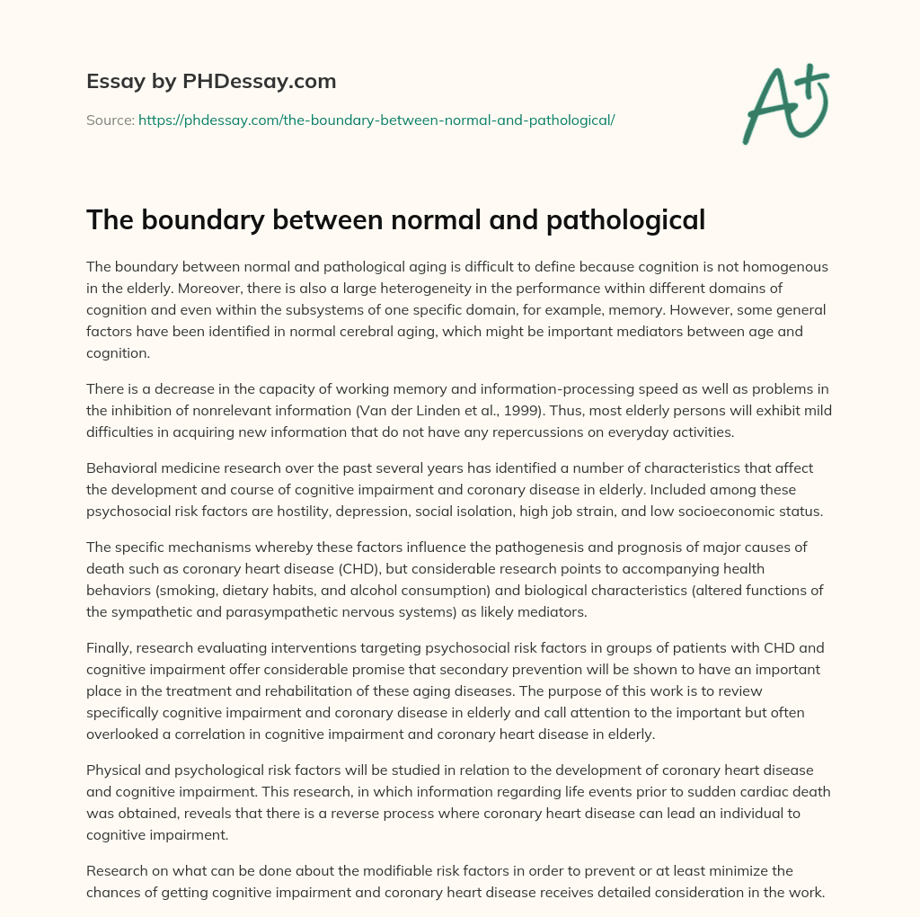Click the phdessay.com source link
(376, 119)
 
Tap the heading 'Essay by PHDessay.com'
(211, 81)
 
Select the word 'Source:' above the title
(110, 119)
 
